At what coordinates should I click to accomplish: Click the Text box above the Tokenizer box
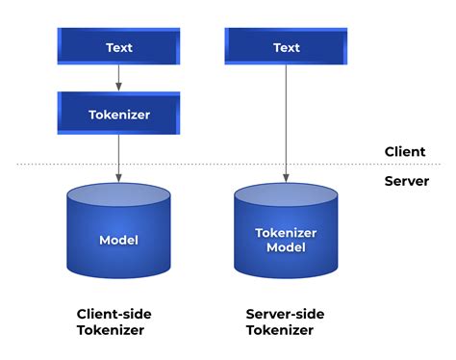[x=119, y=46]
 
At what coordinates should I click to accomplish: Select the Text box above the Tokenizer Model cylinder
[x=286, y=46]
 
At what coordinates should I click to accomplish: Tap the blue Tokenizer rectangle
[x=119, y=113]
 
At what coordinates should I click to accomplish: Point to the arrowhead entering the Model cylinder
[x=119, y=176]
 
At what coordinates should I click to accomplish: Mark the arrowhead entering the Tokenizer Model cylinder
[x=286, y=176]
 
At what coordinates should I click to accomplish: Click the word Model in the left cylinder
[x=119, y=240]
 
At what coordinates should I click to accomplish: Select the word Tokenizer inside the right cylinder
[x=286, y=232]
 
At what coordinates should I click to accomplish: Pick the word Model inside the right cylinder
[x=286, y=247]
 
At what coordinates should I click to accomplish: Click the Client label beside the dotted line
[x=404, y=151]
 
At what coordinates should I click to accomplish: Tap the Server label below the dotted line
[x=405, y=181]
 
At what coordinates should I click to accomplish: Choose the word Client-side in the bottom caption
[x=114, y=314]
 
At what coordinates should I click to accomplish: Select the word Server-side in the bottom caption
[x=285, y=314]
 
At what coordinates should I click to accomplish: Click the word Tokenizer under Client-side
[x=110, y=330]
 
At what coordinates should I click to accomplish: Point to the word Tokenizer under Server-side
[x=280, y=330]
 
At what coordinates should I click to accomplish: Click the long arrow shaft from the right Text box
[x=286, y=116]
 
